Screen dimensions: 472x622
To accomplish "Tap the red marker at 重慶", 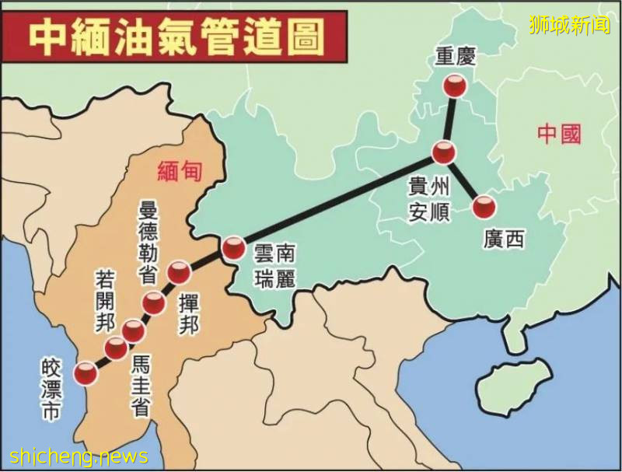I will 456,86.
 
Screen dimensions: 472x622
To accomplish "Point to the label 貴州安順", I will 429,199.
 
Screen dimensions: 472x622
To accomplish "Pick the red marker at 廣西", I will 484,207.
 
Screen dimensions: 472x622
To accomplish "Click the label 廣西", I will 503,239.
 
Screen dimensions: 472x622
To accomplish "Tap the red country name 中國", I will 559,134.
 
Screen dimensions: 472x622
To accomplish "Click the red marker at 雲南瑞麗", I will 233,249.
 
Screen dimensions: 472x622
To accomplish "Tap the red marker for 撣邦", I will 179,272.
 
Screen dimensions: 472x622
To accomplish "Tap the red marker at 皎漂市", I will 85,374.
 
